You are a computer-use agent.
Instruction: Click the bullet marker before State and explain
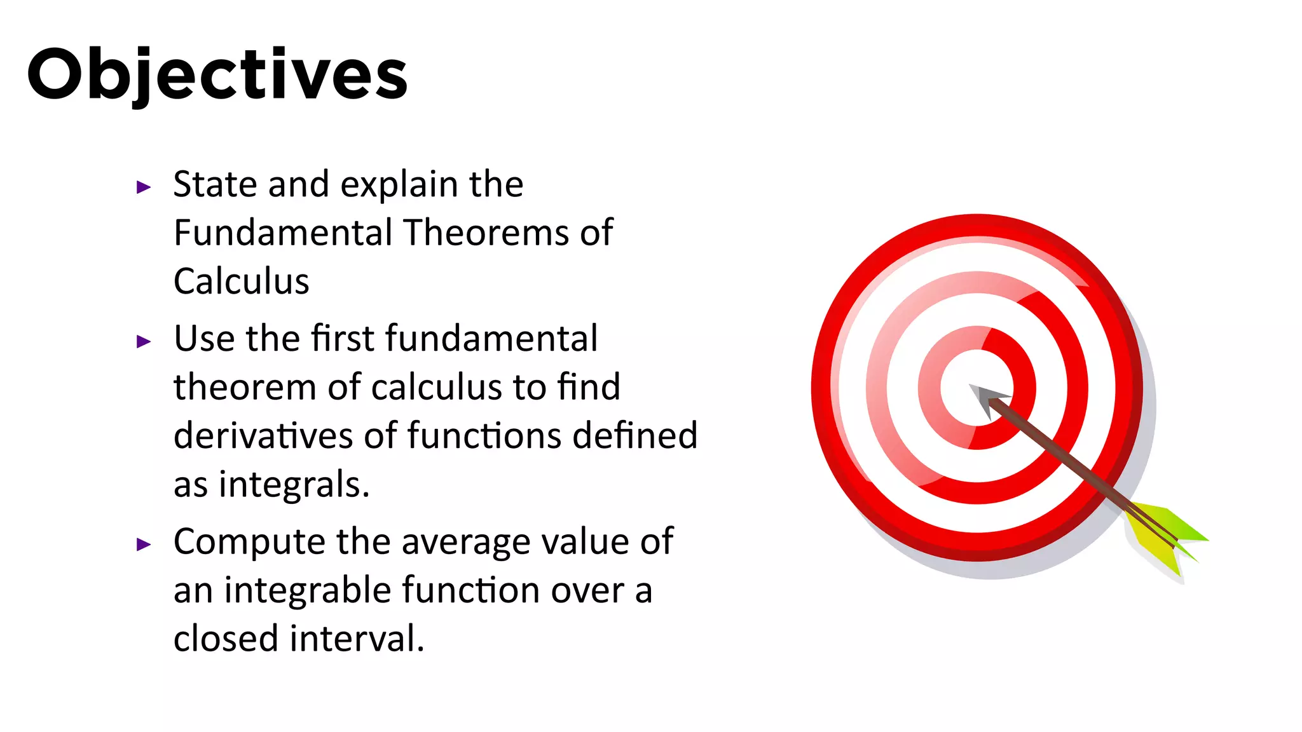coord(144,187)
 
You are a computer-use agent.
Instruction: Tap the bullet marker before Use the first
coord(144,341)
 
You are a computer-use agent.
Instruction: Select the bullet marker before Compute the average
coord(144,544)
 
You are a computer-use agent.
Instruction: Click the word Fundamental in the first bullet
coord(283,233)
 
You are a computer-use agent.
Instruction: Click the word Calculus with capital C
coord(241,281)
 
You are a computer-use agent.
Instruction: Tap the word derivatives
coord(263,436)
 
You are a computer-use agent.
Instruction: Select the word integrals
coord(294,485)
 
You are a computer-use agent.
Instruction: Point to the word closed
coord(226,639)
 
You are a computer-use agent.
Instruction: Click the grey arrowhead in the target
coord(985,398)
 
